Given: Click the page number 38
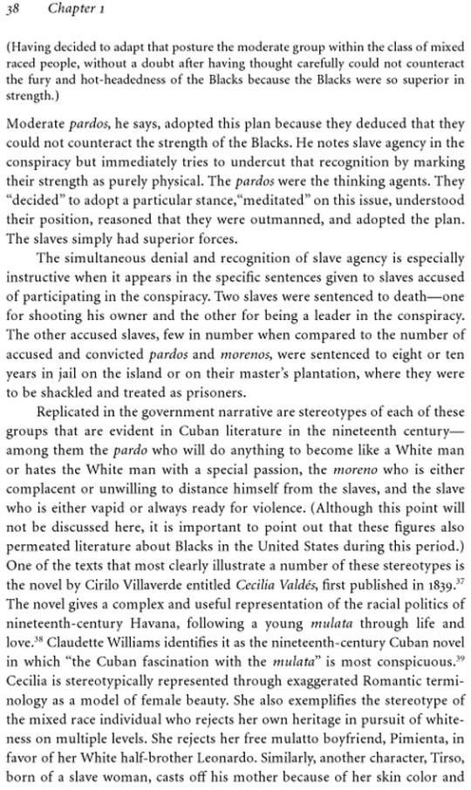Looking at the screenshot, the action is (13, 10).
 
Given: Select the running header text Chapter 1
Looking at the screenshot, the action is (73, 10).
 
